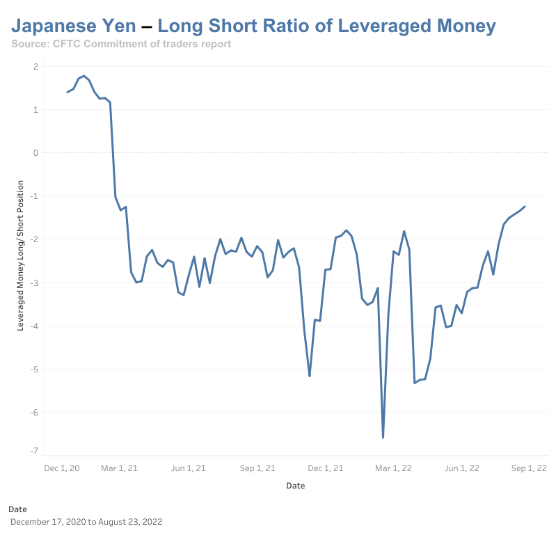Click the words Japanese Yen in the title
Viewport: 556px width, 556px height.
73,26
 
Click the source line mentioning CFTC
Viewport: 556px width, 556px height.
121,44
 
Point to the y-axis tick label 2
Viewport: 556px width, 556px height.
35,66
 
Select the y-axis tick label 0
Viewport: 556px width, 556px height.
35,152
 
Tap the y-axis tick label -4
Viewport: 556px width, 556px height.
33,326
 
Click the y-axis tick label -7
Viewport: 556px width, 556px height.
33,451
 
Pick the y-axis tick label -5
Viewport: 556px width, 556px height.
33,369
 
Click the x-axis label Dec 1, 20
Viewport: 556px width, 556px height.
61,468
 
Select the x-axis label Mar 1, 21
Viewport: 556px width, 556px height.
120,468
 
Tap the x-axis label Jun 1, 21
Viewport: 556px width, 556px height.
188,468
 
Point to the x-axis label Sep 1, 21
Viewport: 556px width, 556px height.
257,468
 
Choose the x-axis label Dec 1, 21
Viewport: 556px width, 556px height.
326,468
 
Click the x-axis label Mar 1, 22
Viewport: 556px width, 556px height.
393,468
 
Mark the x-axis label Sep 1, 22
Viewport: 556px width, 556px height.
530,468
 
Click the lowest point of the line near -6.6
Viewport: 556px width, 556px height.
383,437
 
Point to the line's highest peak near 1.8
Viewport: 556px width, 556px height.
84,76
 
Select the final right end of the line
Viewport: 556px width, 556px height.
525,206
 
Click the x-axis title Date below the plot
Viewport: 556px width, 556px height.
295,486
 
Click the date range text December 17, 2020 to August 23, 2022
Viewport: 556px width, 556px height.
86,521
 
